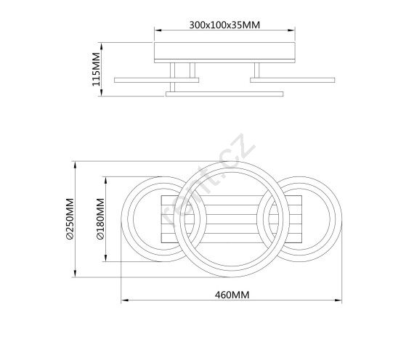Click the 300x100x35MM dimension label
224,25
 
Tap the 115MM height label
96,70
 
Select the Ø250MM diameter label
70,218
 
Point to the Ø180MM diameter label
101,218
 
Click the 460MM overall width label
232,295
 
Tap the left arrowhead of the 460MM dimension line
125,300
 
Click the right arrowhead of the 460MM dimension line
338,300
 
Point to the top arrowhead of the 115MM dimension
102,46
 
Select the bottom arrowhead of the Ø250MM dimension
76,274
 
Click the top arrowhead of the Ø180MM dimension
106,181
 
